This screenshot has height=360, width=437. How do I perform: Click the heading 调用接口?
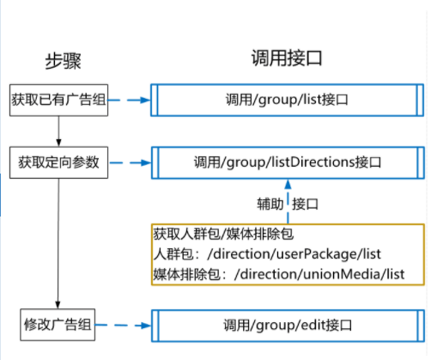coord(286,58)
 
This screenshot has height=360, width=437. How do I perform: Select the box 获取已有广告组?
coord(58,100)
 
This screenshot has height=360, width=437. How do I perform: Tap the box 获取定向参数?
coord(58,162)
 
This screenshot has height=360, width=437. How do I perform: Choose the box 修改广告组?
coord(58,326)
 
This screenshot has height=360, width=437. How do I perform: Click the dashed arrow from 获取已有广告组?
coord(130,100)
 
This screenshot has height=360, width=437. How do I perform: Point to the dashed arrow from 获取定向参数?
coord(130,162)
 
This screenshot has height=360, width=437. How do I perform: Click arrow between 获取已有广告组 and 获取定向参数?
coord(58,130)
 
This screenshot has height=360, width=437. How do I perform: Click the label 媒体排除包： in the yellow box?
coord(185,275)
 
